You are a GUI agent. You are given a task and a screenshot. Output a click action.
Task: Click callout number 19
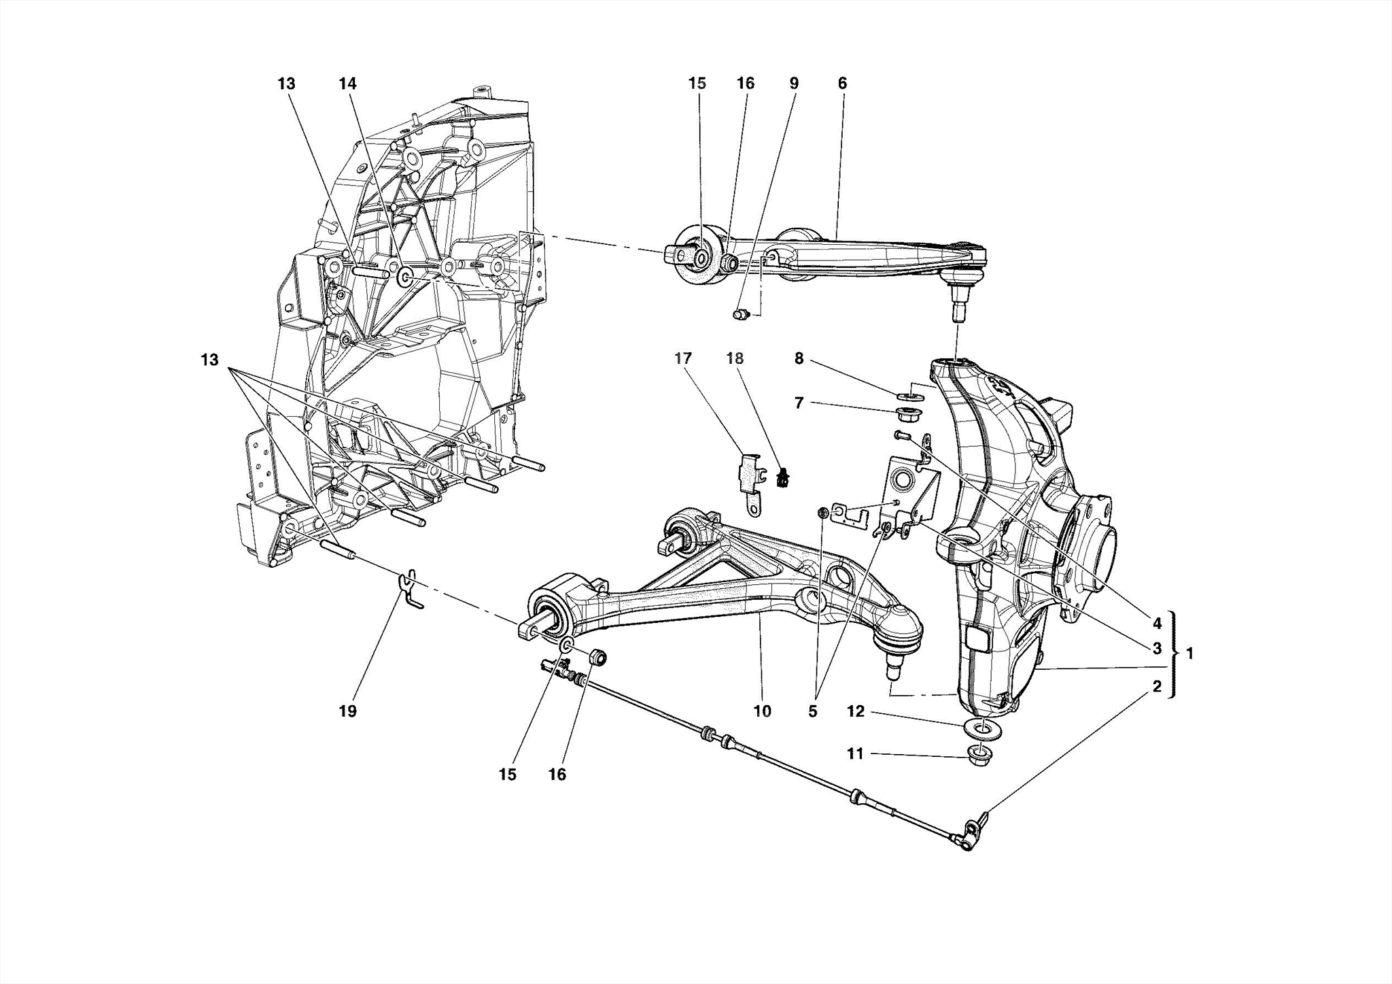(x=347, y=711)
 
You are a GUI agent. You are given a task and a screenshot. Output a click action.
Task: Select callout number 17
(x=683, y=358)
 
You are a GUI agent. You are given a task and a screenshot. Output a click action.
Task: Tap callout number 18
(x=735, y=358)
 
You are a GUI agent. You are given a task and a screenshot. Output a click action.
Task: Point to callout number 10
(x=763, y=711)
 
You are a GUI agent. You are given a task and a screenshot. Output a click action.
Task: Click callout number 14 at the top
(x=347, y=84)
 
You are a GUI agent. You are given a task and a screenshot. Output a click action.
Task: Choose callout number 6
(x=842, y=84)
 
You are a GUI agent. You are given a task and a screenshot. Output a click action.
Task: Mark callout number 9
(x=794, y=84)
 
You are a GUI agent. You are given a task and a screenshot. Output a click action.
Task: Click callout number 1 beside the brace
(x=1189, y=654)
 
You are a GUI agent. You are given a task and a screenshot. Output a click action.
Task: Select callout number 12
(x=855, y=711)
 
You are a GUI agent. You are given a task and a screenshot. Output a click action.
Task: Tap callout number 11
(x=855, y=753)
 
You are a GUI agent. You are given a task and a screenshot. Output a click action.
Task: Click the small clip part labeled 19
(x=408, y=590)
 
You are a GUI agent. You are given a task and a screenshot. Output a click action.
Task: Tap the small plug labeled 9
(x=741, y=315)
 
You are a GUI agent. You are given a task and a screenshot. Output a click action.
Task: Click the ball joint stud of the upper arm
(x=960, y=303)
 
